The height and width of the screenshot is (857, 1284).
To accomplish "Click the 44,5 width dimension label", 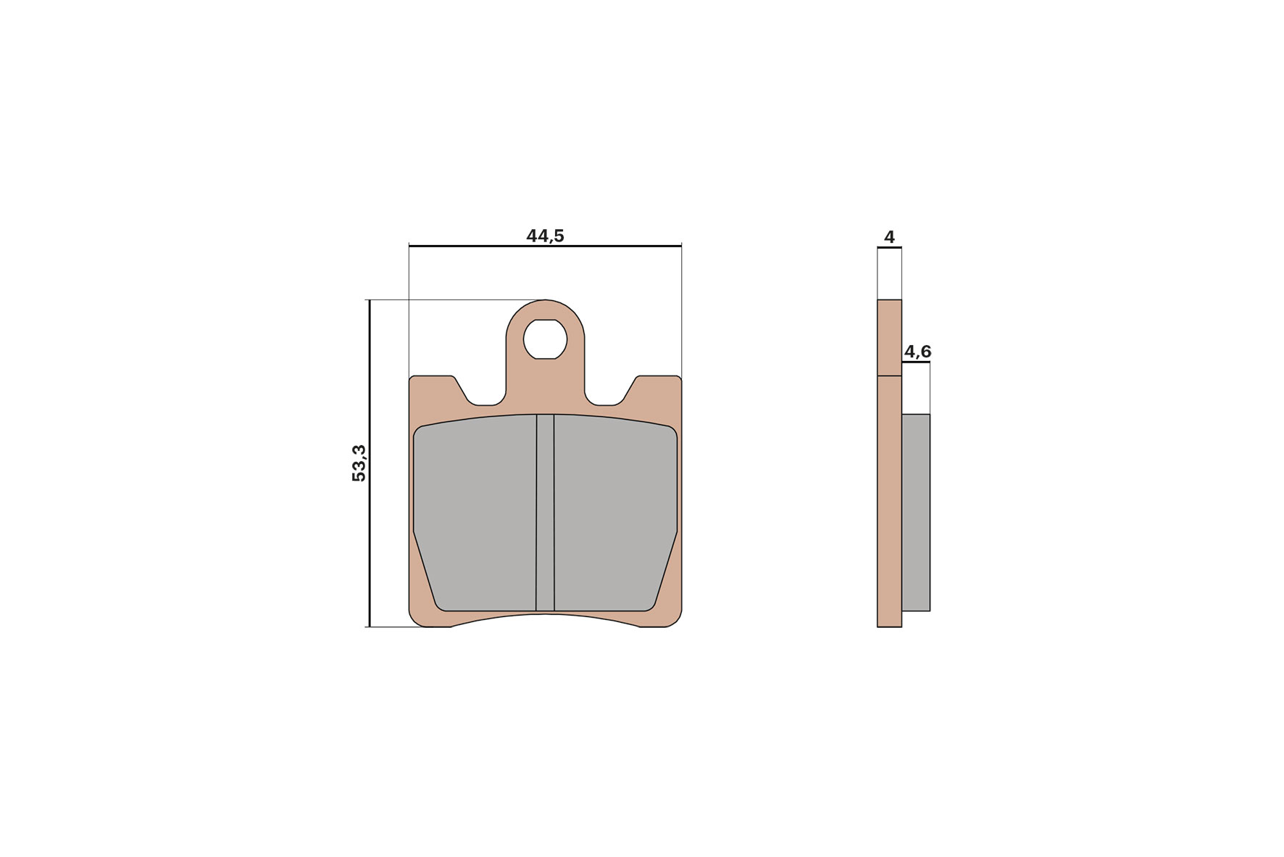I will (x=545, y=236).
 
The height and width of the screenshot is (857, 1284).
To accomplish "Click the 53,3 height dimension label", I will (x=359, y=463).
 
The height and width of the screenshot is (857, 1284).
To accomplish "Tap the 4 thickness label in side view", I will (x=889, y=237).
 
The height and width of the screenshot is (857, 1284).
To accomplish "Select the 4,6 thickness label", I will (x=917, y=352).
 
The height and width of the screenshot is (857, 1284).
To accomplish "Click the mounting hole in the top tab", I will (x=545, y=339).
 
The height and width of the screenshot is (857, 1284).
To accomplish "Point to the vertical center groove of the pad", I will (x=545, y=512).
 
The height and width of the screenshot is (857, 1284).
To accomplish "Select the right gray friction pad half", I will (x=614, y=512).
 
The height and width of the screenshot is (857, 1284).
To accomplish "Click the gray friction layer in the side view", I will (x=916, y=512).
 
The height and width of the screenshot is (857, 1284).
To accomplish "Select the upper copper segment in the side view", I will (x=889, y=338).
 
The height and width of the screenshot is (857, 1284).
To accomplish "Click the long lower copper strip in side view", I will (x=889, y=500).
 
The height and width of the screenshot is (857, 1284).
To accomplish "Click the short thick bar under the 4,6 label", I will (x=916, y=363).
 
